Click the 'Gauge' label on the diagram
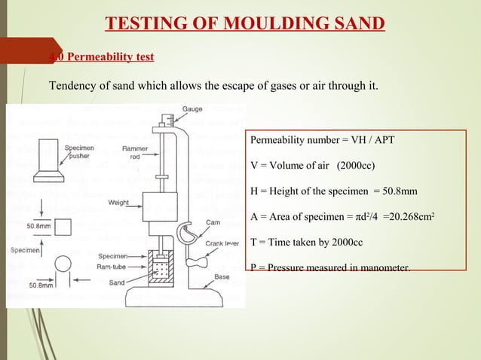[191, 110]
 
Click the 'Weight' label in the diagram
[120, 203]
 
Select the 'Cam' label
[213, 222]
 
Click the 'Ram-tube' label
[112, 267]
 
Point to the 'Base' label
[222, 277]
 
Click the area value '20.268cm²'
[407, 218]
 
